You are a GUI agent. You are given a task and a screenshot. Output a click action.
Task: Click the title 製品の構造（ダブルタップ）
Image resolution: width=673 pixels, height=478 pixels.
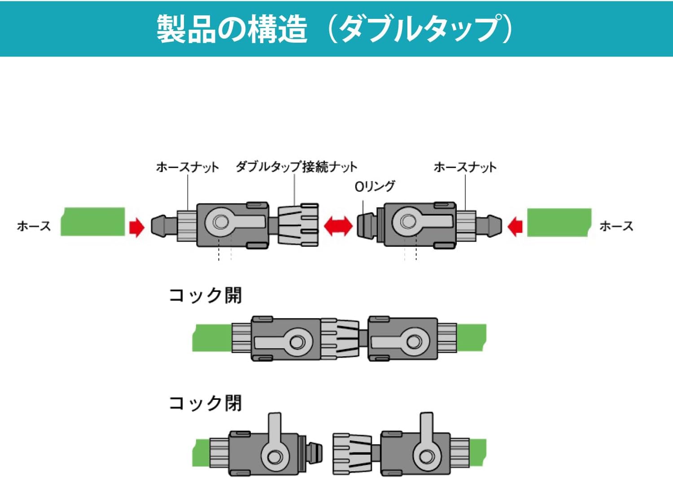(334, 29)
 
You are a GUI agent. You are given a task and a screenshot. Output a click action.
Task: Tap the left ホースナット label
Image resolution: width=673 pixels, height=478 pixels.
(187, 167)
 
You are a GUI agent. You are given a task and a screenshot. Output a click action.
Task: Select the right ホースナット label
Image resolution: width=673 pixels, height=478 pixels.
(465, 167)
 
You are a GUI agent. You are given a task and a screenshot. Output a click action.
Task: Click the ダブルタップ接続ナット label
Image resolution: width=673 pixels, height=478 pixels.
(296, 167)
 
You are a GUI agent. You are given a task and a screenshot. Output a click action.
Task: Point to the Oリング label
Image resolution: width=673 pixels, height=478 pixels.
(375, 186)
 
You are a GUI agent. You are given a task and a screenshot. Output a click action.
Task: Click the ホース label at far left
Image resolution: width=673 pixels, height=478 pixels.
(34, 226)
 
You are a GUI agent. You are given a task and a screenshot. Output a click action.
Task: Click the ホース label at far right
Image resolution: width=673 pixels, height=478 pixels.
(616, 226)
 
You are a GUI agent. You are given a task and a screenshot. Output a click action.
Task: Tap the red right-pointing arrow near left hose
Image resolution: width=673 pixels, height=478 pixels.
(136, 227)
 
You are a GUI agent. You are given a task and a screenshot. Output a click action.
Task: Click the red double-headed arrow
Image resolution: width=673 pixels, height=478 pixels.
(338, 226)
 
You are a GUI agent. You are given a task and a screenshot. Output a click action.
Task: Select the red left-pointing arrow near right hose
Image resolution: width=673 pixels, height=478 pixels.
(515, 226)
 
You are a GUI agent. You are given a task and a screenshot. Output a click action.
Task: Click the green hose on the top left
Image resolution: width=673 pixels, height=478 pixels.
(93, 221)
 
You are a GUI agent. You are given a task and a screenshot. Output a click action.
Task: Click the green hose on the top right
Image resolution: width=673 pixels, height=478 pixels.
(559, 222)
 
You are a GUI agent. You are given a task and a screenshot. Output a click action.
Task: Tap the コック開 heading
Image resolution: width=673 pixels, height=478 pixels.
(205, 296)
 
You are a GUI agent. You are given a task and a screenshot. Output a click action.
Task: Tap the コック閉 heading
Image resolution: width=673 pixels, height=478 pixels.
(205, 403)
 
